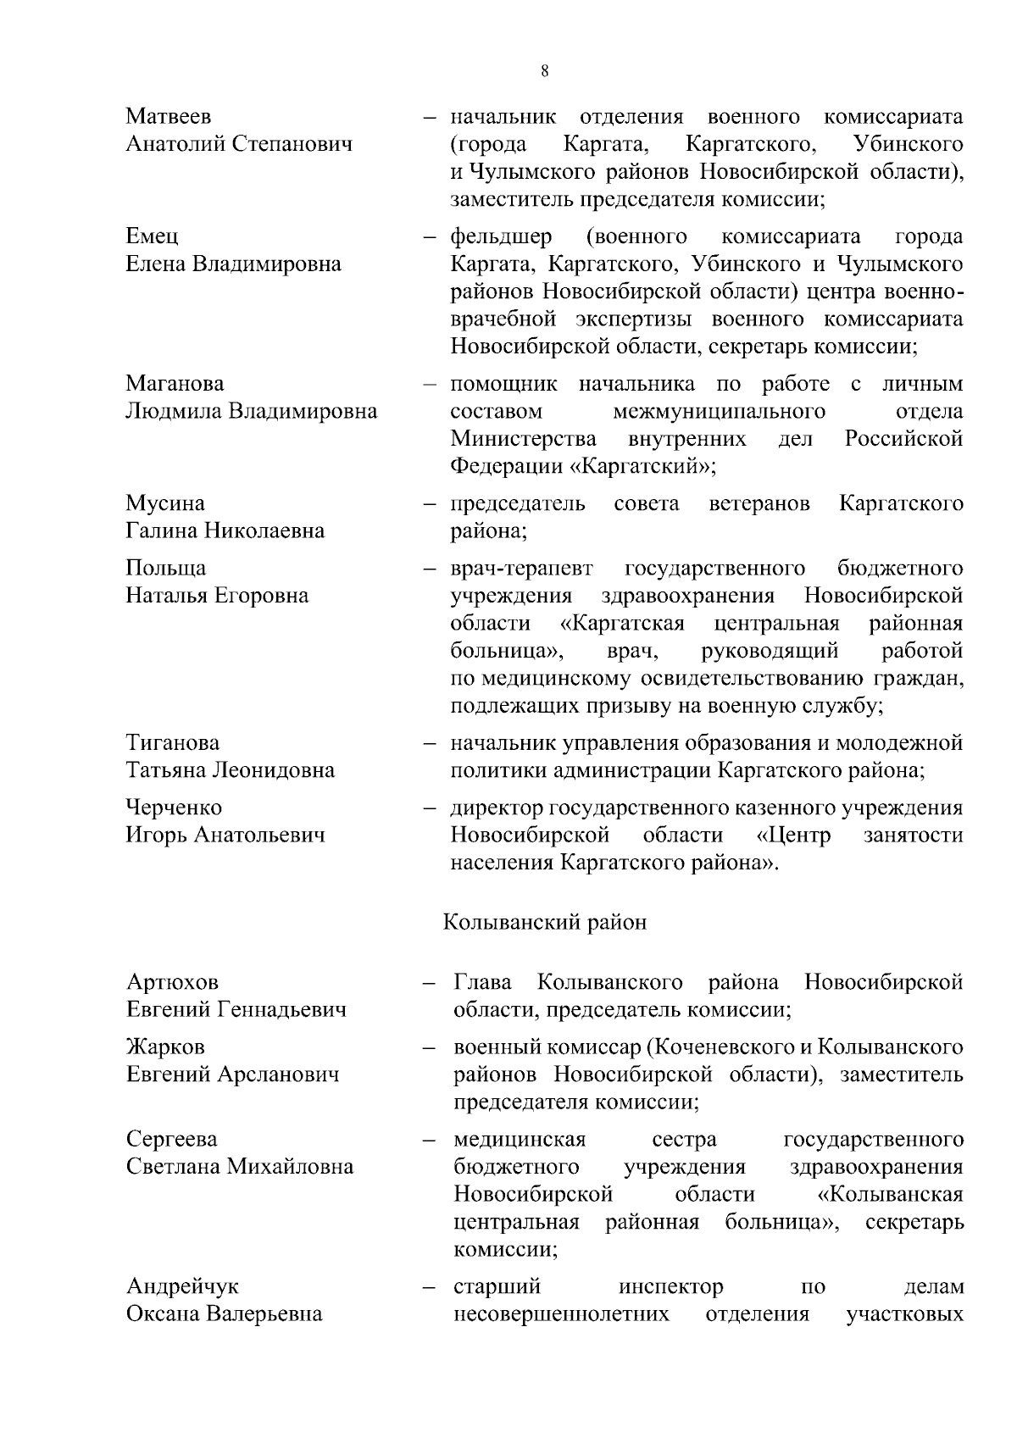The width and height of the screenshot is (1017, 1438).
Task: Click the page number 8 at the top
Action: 544,71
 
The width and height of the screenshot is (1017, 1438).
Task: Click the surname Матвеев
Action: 169,116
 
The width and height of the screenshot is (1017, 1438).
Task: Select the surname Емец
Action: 153,236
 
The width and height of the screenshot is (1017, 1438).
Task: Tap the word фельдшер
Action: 501,236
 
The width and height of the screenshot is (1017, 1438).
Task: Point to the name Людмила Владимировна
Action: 252,412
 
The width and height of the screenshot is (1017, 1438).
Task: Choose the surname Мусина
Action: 165,503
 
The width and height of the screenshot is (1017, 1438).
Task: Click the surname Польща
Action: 166,568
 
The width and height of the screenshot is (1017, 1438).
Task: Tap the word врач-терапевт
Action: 521,568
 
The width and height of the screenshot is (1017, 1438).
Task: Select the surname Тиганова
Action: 173,743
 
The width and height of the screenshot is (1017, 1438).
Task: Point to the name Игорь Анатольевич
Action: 225,836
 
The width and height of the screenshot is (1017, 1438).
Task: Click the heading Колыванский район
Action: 545,922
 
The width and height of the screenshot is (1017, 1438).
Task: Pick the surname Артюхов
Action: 172,982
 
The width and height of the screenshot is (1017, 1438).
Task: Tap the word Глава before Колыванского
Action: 483,982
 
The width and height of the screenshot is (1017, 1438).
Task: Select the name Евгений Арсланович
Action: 233,1074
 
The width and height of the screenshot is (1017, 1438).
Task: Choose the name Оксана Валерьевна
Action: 225,1314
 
